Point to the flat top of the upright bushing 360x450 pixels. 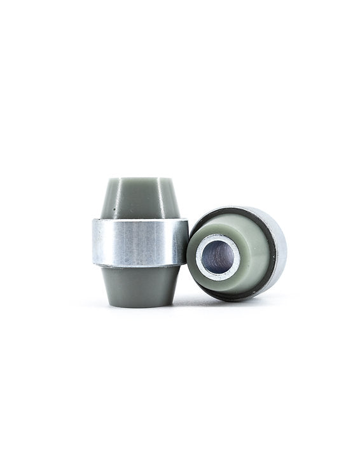140,180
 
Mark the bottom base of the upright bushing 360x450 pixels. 139,304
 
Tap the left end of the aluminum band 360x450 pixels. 96,243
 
